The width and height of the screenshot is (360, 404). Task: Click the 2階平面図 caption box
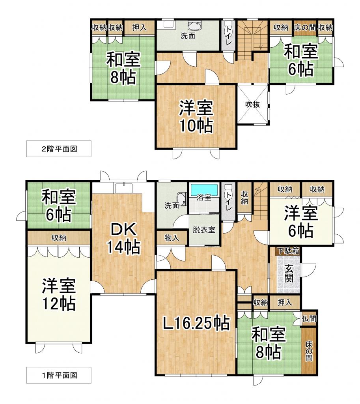(x=59, y=149)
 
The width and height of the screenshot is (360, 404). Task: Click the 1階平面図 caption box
(x=59, y=375)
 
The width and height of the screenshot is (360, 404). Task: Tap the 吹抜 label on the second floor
(x=252, y=105)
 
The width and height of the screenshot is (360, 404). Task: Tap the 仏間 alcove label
(x=309, y=318)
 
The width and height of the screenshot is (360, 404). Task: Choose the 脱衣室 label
(x=204, y=230)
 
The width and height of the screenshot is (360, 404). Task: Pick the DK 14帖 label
(x=123, y=238)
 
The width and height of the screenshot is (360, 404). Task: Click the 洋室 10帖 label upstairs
(x=196, y=116)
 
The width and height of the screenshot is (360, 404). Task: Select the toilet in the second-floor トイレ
(x=229, y=28)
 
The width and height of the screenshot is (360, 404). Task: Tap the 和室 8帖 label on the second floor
(x=123, y=69)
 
